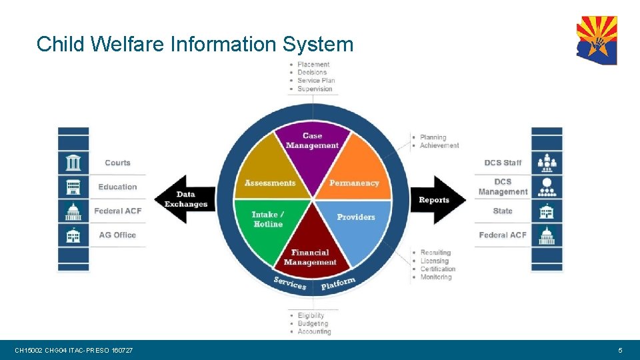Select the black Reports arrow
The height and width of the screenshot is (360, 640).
click(x=437, y=199)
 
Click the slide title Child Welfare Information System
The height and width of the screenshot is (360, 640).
click(x=195, y=44)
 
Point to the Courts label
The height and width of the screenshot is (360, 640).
click(x=117, y=163)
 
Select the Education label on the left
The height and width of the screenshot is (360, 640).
click(x=117, y=187)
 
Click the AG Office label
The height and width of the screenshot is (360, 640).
click(x=117, y=235)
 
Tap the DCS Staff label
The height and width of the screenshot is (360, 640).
click(x=503, y=163)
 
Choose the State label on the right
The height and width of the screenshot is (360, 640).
click(x=503, y=211)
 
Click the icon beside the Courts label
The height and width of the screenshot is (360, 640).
click(x=73, y=163)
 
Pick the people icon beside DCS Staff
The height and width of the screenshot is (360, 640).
click(x=547, y=163)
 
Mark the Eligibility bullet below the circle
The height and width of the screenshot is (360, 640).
click(x=311, y=315)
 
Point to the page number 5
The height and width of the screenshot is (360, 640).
click(x=620, y=350)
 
